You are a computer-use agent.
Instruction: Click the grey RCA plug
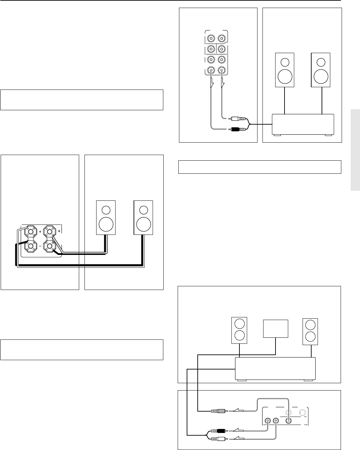click(219, 411)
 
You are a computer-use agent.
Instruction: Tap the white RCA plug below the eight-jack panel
click(238, 119)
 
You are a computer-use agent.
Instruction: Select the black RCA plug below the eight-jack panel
click(238, 129)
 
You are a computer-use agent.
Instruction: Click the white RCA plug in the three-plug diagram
click(218, 438)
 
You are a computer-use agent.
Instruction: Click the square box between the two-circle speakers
click(276, 329)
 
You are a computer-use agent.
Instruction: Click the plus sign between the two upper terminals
click(40, 231)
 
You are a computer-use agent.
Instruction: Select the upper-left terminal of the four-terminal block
click(31, 231)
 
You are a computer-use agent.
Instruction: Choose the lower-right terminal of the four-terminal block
click(50, 247)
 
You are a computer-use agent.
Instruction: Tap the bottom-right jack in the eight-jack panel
click(222, 70)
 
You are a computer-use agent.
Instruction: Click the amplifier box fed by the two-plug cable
click(303, 125)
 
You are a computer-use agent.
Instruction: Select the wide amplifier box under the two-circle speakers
click(275, 368)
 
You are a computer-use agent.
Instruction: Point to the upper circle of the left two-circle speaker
click(240, 324)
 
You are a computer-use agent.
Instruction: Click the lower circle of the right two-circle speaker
click(310, 336)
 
